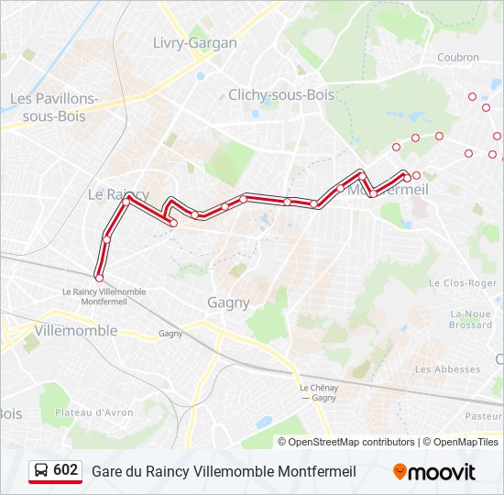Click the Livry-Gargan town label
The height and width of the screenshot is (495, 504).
pyautogui.click(x=194, y=43)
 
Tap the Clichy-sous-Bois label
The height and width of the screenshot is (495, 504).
pyautogui.click(x=281, y=94)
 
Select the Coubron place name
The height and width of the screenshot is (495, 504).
pyautogui.click(x=458, y=57)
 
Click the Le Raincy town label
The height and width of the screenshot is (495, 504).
pyautogui.click(x=117, y=194)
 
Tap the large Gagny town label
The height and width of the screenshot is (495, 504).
pyautogui.click(x=228, y=302)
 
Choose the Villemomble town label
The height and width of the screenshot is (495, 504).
pyautogui.click(x=75, y=330)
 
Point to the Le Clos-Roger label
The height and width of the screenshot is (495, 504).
pyautogui.click(x=463, y=283)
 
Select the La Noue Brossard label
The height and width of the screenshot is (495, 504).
pyautogui.click(x=471, y=319)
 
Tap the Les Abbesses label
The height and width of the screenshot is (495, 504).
pyautogui.click(x=447, y=369)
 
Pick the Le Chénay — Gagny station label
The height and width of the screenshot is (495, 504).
pyautogui.click(x=318, y=392)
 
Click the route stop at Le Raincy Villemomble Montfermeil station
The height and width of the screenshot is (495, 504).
pyautogui.click(x=99, y=277)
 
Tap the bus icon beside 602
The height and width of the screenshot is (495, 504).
pyautogui.click(x=41, y=471)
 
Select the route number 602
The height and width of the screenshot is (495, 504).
pyautogui.click(x=66, y=470)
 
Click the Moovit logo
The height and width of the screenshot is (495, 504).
pyautogui.click(x=434, y=472)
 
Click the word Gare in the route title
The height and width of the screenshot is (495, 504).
pyautogui.click(x=106, y=472)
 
